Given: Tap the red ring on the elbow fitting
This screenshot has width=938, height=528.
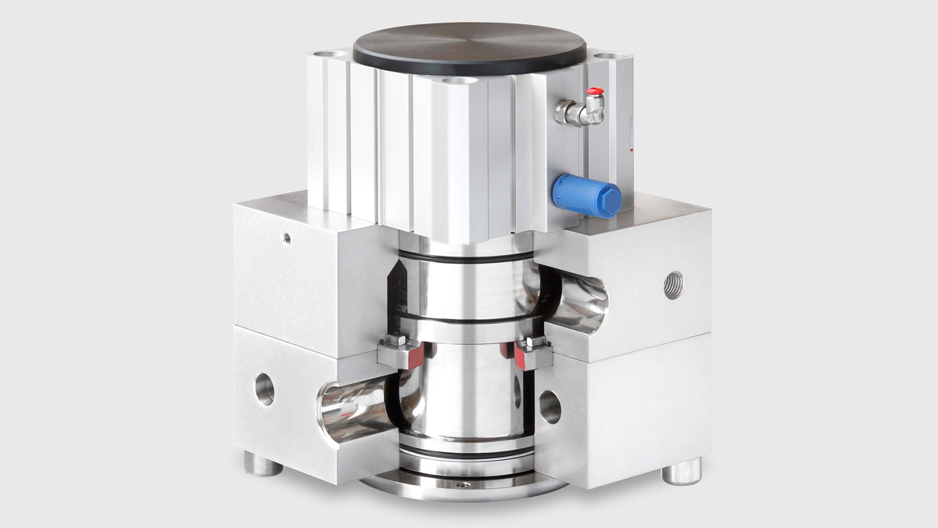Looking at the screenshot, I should click(x=596, y=92).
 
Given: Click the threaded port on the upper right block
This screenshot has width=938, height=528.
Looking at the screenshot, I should click(x=672, y=285).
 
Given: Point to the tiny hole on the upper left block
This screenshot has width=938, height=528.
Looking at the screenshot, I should click(x=287, y=238).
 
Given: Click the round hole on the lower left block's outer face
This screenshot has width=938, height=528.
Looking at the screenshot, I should click(x=264, y=389).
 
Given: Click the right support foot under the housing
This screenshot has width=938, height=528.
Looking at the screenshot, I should click(x=682, y=471).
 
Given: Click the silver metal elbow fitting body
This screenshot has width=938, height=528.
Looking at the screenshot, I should click(x=575, y=114).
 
